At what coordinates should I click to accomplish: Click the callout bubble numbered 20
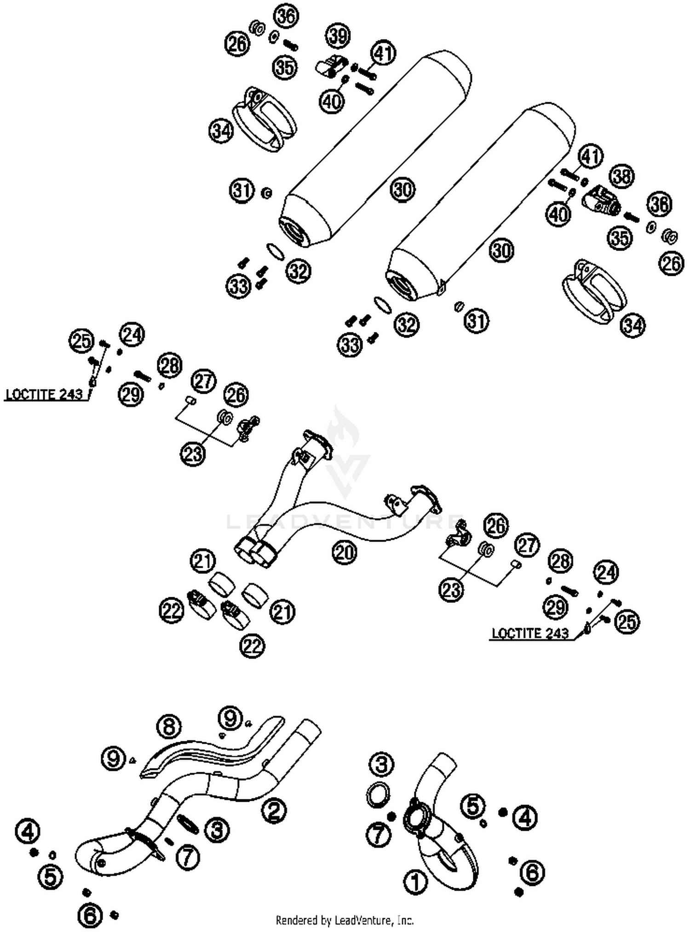tap(345, 552)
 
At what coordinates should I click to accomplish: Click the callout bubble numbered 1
tap(415, 883)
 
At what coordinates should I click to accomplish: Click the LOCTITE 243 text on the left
tap(44, 395)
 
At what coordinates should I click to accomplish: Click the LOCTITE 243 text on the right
tap(530, 633)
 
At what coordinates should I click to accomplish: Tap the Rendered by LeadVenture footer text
tap(345, 920)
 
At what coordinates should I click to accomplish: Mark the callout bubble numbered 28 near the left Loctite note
tap(169, 365)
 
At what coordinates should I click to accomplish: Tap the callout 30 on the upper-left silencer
tap(403, 189)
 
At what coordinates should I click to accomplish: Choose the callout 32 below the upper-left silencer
tap(298, 271)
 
